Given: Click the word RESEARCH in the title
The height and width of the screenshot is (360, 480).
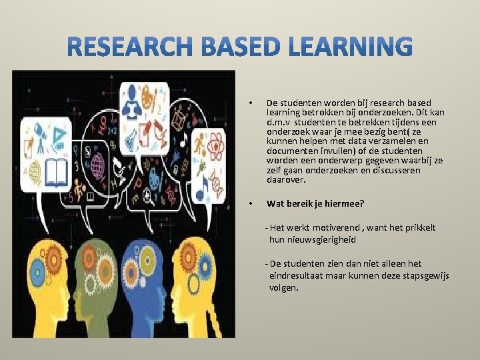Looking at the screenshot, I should tap(126, 49).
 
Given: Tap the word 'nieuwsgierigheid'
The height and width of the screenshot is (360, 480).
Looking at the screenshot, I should tap(313, 239).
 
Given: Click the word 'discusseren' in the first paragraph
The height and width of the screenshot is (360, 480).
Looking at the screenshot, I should tap(398, 170).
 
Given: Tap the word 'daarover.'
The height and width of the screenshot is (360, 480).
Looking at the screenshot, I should tap(286, 179).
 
